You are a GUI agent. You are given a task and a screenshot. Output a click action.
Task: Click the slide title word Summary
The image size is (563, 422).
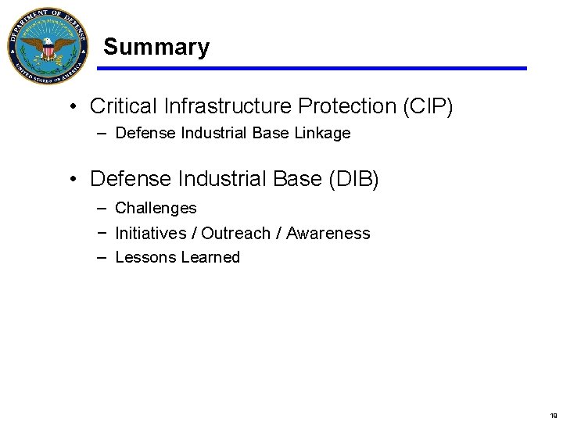coord(156,47)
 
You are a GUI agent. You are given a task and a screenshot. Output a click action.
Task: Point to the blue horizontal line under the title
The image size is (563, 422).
coord(313,69)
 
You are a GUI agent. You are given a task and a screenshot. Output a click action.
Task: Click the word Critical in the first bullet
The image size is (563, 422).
coord(120,105)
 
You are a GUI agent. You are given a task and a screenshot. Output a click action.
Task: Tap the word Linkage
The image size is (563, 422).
coord(322,134)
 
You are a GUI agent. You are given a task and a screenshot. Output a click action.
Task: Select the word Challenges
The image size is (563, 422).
coord(156,209)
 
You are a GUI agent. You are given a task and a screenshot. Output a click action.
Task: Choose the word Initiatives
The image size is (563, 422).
coord(150,234)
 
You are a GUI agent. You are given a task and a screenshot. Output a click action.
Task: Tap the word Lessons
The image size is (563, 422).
coord(145,258)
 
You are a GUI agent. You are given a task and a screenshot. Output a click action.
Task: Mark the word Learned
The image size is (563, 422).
coord(210,258)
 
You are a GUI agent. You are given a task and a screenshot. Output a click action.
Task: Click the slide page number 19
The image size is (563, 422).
coord(553,417)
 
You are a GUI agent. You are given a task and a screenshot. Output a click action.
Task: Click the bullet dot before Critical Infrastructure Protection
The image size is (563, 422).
coord(72,106)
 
